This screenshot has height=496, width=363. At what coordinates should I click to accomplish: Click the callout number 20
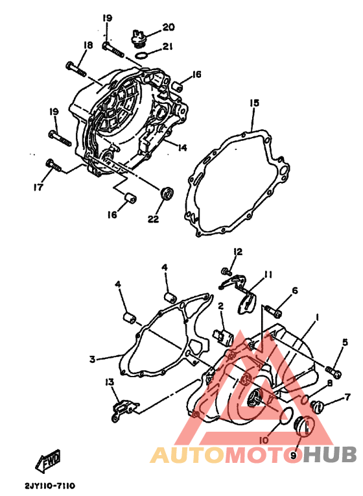tap(169, 27)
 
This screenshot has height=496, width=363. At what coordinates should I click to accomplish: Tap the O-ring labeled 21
tap(146, 54)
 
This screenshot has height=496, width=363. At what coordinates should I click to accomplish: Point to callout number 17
tap(38, 188)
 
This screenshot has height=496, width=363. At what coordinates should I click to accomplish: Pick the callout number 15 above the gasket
tap(254, 103)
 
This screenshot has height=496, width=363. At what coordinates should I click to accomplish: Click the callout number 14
tap(181, 147)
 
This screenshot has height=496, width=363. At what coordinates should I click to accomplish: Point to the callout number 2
tap(220, 305)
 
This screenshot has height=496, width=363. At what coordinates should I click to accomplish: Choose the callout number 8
tap(329, 383)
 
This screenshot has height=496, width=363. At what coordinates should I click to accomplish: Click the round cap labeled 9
tap(302, 427)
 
